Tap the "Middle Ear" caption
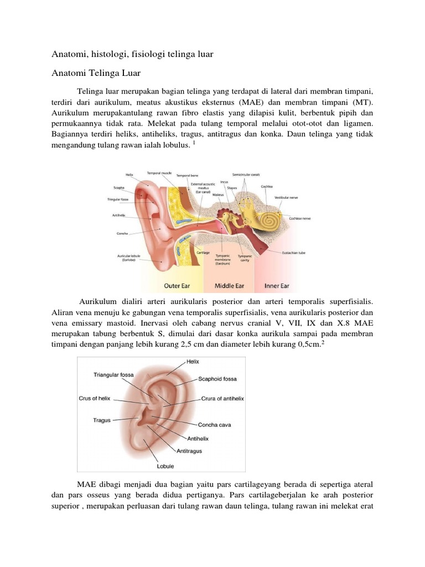coord(229,286)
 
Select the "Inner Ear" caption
coord(277,286)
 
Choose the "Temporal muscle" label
coord(158,173)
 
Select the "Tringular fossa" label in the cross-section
coord(118,199)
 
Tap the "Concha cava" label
coord(214,425)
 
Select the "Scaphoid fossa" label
coord(217,379)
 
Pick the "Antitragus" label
coord(190,451)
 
